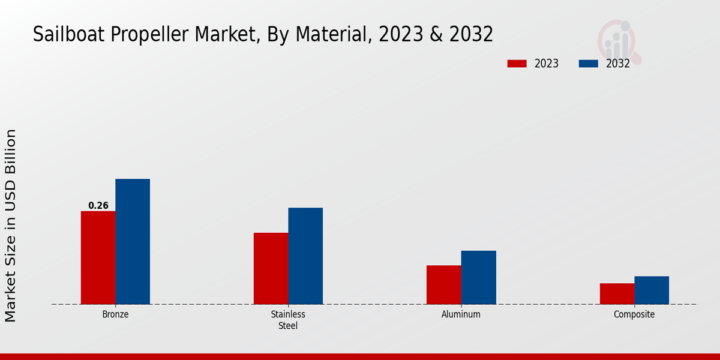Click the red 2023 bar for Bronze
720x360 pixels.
98,257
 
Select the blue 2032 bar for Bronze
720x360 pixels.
133,241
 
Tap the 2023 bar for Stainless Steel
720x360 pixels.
271,268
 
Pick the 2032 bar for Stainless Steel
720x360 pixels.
305,256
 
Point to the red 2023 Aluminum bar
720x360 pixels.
444,284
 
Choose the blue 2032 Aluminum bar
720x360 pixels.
479,277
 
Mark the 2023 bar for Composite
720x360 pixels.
617,293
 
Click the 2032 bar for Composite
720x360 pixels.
652,290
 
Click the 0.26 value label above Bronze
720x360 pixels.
98,206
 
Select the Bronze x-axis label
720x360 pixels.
115,314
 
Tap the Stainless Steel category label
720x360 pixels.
288,320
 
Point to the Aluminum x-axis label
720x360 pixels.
461,314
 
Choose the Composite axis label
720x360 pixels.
634,314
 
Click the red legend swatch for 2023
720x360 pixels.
517,64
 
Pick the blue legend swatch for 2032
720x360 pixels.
589,64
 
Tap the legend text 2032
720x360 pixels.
618,64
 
